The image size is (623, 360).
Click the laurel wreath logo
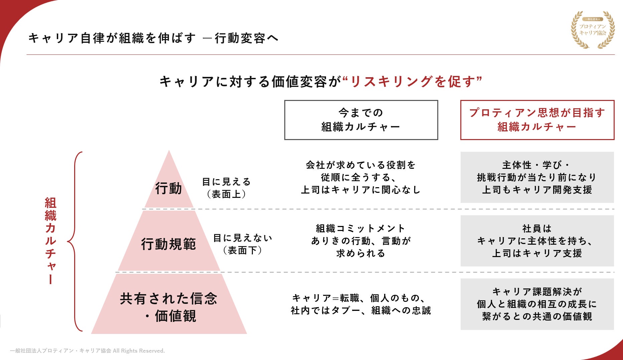tap(593, 30)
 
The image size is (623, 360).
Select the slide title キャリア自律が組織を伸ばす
tap(112, 38)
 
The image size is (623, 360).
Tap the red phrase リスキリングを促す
tap(413, 82)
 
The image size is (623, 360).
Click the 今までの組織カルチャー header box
tap(361, 120)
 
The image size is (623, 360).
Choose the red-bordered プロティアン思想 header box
tap(537, 120)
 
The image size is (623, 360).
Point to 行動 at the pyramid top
tap(168, 189)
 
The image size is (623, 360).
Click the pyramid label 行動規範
tap(168, 244)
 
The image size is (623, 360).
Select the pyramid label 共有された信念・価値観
tap(169, 307)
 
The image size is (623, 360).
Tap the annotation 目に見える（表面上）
tap(226, 188)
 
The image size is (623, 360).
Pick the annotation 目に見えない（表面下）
tap(243, 244)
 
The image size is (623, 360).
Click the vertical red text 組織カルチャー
tap(50, 241)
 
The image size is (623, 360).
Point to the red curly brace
tap(74, 241)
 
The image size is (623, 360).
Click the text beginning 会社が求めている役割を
tap(361, 177)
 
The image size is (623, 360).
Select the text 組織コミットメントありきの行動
tap(361, 241)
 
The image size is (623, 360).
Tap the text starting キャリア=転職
tap(361, 304)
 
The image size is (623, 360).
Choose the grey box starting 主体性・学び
tap(537, 177)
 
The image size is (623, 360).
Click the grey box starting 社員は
tap(537, 241)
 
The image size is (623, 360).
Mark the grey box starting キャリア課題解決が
tap(537, 304)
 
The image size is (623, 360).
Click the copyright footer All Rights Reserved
tap(88, 351)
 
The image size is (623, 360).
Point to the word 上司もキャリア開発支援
tap(537, 190)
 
